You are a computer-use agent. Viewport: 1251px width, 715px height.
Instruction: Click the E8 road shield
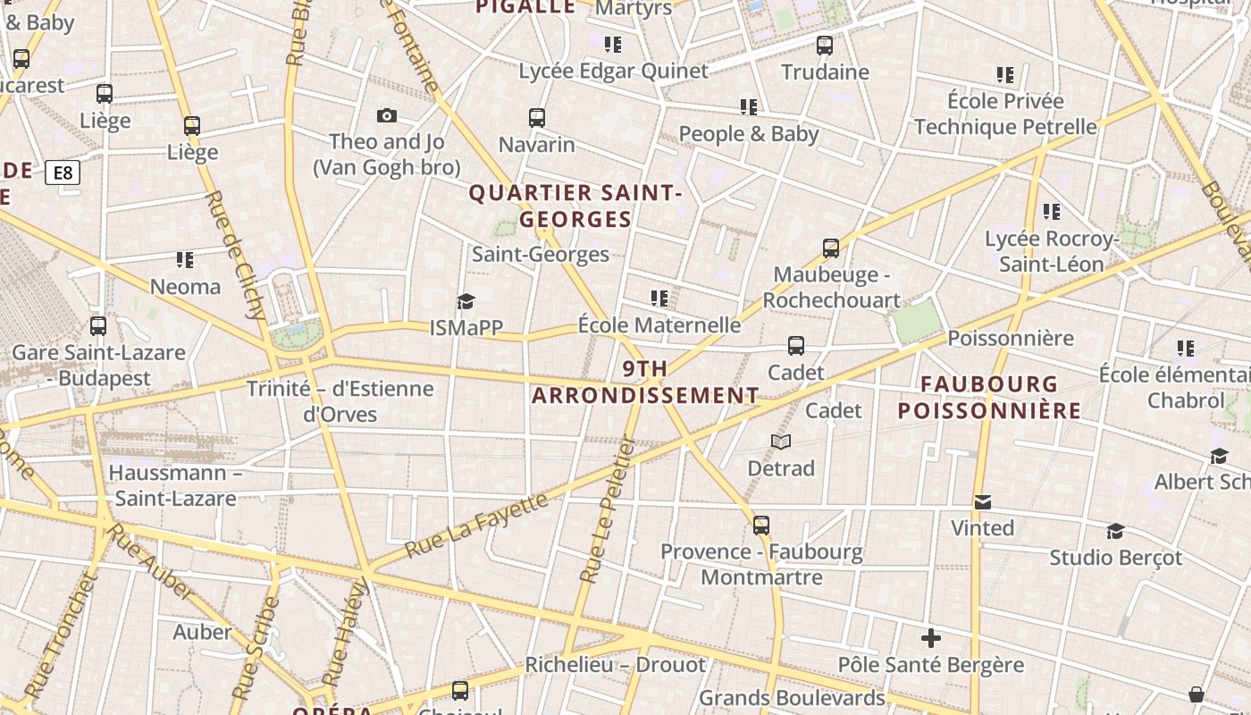(63, 172)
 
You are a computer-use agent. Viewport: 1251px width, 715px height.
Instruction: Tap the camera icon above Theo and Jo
(387, 115)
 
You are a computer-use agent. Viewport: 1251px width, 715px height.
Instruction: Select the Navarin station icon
(537, 118)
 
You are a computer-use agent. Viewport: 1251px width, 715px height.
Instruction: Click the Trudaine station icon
(825, 45)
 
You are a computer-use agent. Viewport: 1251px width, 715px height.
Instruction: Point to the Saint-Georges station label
(541, 255)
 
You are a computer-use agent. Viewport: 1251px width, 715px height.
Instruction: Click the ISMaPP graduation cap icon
(466, 301)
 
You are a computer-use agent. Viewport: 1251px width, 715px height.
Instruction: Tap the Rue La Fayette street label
(476, 526)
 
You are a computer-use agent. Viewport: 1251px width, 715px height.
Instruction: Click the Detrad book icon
(781, 442)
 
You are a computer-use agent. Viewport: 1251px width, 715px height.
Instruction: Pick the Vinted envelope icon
(983, 502)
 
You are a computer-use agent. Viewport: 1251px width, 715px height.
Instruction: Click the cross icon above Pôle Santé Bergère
(931, 638)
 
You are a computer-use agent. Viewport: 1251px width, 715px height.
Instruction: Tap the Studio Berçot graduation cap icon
(1115, 532)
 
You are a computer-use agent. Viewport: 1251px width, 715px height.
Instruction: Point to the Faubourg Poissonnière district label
(989, 398)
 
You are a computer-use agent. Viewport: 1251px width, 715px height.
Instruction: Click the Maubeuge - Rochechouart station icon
(831, 248)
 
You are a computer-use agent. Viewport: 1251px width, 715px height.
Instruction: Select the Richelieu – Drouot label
(615, 665)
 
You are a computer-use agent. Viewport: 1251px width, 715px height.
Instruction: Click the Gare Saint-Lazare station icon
(98, 326)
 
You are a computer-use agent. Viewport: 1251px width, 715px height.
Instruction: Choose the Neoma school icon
(185, 260)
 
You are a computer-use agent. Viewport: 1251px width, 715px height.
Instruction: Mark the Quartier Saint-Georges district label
(575, 206)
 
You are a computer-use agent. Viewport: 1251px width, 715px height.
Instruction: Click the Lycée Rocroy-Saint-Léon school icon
(1052, 212)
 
